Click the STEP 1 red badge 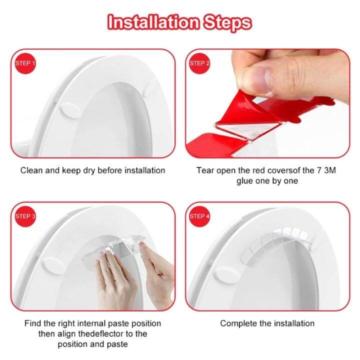pos(25,63)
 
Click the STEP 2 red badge pos(199,63)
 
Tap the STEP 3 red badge pos(25,216)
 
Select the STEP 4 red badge pos(199,216)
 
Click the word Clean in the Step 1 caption pos(31,170)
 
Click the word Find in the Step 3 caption pos(33,323)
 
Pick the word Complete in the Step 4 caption pos(237,323)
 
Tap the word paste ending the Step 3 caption pos(116,344)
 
